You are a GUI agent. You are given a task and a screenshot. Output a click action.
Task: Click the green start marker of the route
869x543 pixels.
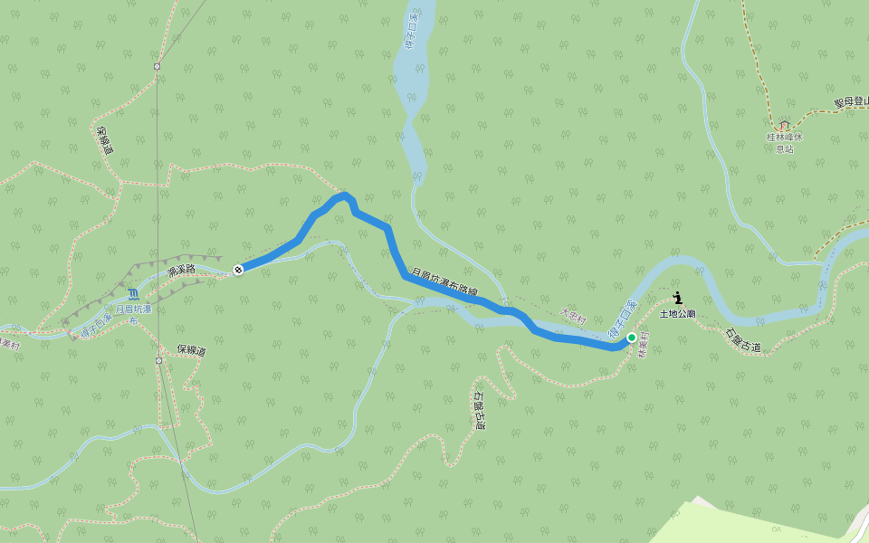[x=631, y=338]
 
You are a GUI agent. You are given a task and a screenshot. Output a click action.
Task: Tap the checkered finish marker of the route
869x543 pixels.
[x=238, y=269]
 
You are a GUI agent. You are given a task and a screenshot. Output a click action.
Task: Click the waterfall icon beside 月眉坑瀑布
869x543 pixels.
[x=134, y=293]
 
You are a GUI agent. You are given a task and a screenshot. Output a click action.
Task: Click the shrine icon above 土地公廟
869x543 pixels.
[x=678, y=298]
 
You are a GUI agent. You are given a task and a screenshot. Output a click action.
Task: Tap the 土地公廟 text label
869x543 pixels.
[x=677, y=313]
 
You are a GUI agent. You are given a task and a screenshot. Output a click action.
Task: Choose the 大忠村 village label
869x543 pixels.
[x=574, y=317]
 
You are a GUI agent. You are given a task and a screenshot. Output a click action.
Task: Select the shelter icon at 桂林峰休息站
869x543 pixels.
[x=784, y=124]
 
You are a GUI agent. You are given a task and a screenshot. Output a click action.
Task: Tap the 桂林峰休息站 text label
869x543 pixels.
[x=784, y=142]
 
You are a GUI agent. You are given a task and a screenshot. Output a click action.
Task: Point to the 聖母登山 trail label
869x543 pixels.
[x=851, y=103]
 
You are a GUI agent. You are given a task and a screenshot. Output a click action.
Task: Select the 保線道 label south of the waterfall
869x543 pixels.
[x=191, y=350]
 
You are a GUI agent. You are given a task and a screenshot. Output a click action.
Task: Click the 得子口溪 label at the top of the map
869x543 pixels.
[x=414, y=31]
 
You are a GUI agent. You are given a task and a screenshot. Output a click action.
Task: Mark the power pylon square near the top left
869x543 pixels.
[x=157, y=66]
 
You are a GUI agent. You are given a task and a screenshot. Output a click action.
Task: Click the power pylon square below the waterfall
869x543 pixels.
[x=158, y=360]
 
